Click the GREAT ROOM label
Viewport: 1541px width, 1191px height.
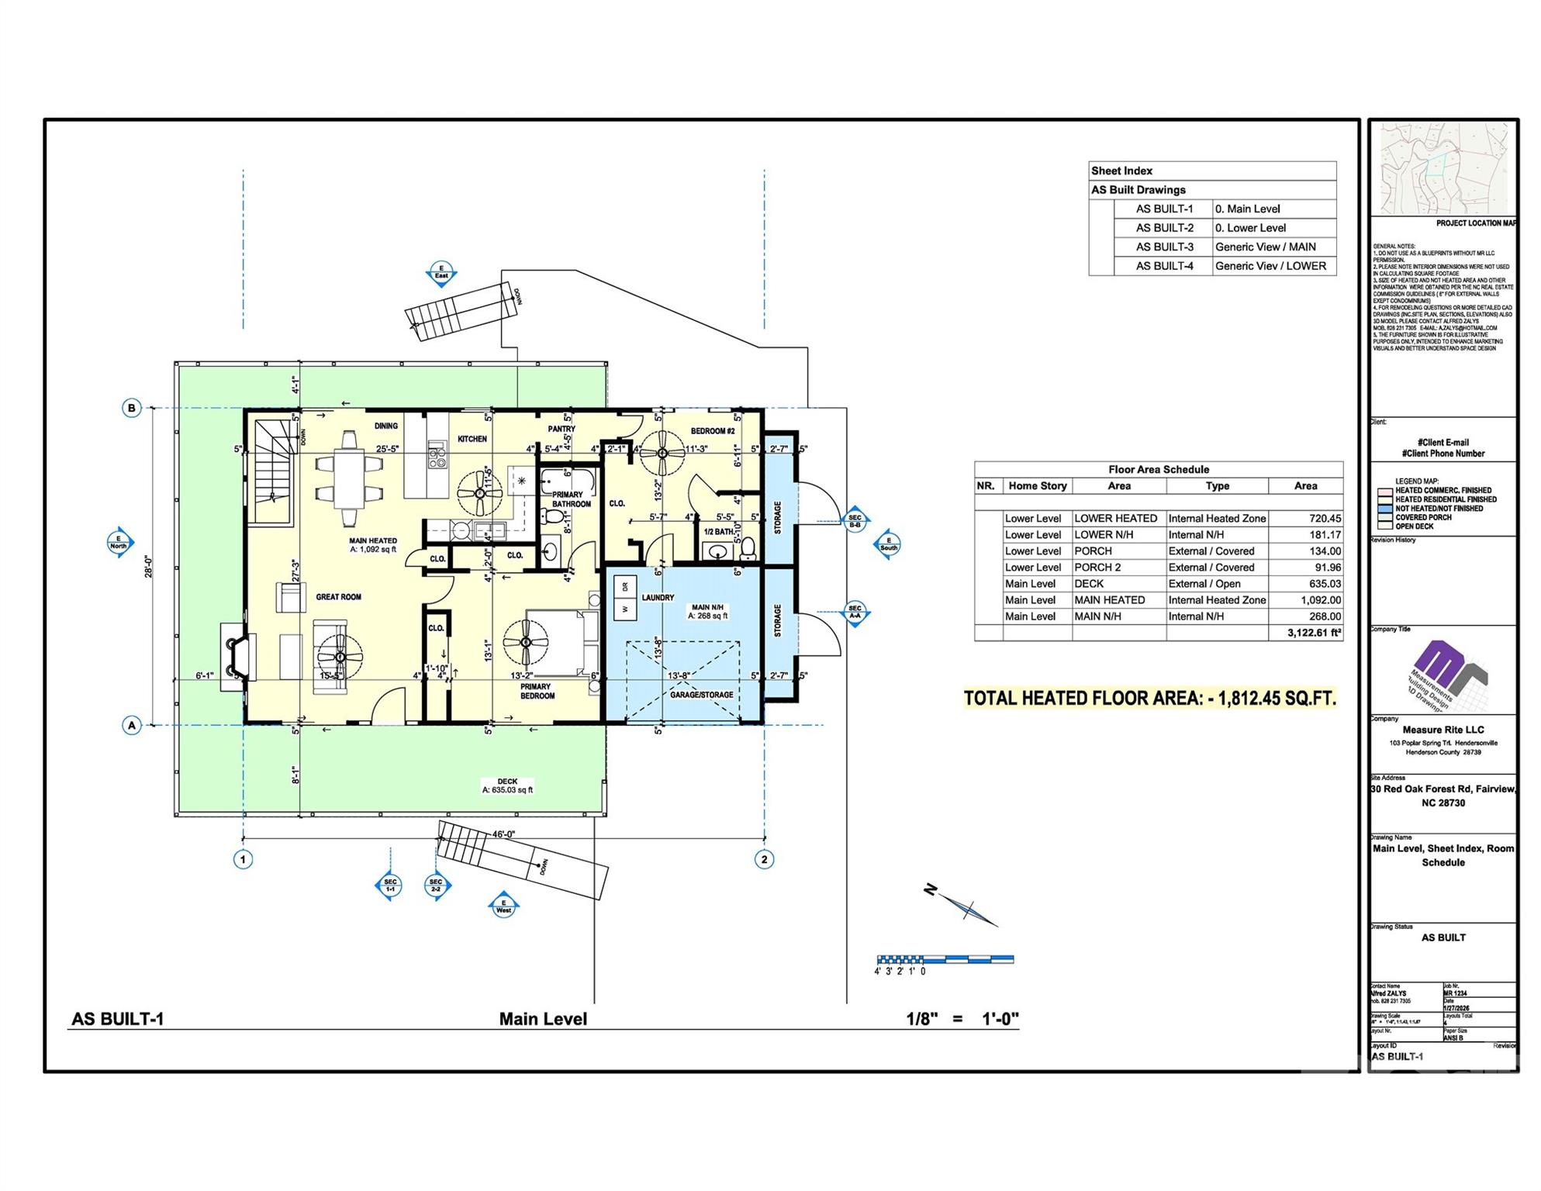(338, 597)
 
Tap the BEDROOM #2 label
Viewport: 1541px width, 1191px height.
(712, 431)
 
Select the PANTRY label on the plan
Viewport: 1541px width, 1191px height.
(561, 429)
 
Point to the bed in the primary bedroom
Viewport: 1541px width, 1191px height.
(560, 643)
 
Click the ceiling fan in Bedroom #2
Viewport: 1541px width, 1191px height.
(662, 454)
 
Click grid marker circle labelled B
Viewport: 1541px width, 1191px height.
(132, 408)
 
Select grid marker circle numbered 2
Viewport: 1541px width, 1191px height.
(764, 859)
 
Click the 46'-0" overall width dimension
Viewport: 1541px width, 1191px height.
(503, 834)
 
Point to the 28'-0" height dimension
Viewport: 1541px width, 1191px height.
(148, 566)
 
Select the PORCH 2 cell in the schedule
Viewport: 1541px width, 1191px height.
(1097, 568)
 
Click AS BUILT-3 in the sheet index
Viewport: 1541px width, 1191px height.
(1164, 247)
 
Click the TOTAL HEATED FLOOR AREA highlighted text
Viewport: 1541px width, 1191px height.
(1149, 699)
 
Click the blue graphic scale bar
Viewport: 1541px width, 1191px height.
(945, 960)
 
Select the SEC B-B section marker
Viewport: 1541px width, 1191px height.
(855, 520)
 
